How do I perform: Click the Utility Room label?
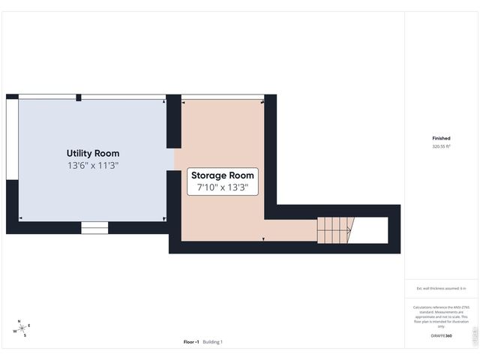[93, 153]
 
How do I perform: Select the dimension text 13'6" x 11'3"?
[93, 165]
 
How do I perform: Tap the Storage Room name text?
[223, 176]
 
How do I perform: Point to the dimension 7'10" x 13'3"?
[223, 188]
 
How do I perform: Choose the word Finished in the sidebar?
[441, 139]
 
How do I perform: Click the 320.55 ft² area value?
[441, 147]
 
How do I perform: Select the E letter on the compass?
[29, 325]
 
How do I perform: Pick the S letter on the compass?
[25, 335]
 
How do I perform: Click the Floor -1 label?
[191, 342]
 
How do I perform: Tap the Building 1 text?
[212, 342]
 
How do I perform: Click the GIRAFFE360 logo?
[442, 336]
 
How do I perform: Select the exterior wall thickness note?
[441, 288]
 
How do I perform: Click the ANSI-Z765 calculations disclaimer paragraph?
[441, 316]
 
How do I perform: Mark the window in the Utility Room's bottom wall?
[94, 228]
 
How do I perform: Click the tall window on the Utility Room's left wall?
[11, 139]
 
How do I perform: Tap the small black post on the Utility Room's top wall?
[78, 97]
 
